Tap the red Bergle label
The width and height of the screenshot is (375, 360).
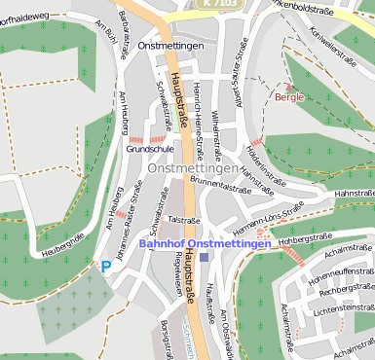coord(289,96)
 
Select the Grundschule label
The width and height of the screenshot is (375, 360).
coord(149,151)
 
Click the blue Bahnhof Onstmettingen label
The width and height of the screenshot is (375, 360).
coord(205,243)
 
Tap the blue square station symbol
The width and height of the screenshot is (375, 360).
coord(204,257)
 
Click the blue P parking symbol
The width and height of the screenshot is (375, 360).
coord(105,265)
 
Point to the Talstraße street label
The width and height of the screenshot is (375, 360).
coord(183,220)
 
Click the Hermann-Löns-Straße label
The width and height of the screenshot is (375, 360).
coord(269,219)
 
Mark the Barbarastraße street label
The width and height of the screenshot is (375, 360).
coord(124,35)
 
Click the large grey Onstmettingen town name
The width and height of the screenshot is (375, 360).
coord(192,167)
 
